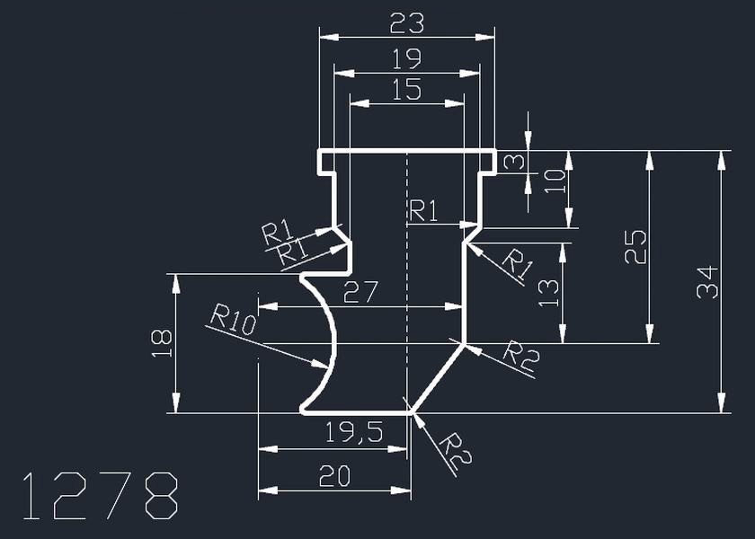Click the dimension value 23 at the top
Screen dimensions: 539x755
click(406, 22)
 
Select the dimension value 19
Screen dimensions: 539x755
click(406, 59)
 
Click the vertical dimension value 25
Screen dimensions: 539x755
click(635, 246)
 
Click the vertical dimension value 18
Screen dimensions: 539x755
click(161, 342)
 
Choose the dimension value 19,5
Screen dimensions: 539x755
click(356, 433)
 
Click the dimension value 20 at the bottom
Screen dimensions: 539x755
click(335, 475)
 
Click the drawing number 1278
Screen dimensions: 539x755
click(99, 495)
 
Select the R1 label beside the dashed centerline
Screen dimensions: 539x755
click(424, 212)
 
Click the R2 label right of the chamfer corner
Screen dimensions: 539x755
click(520, 355)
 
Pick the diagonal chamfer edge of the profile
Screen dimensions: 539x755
click(438, 377)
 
